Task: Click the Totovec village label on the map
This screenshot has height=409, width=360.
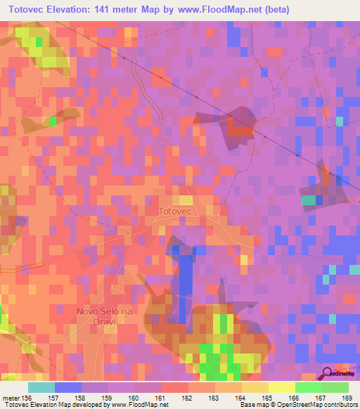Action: pyautogui.click(x=181, y=211)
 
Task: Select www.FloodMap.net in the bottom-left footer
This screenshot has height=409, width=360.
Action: pyautogui.click(x=134, y=405)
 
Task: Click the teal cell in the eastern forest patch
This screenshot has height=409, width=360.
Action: pyautogui.click(x=309, y=200)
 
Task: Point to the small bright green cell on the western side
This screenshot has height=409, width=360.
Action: pyautogui.click(x=51, y=121)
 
